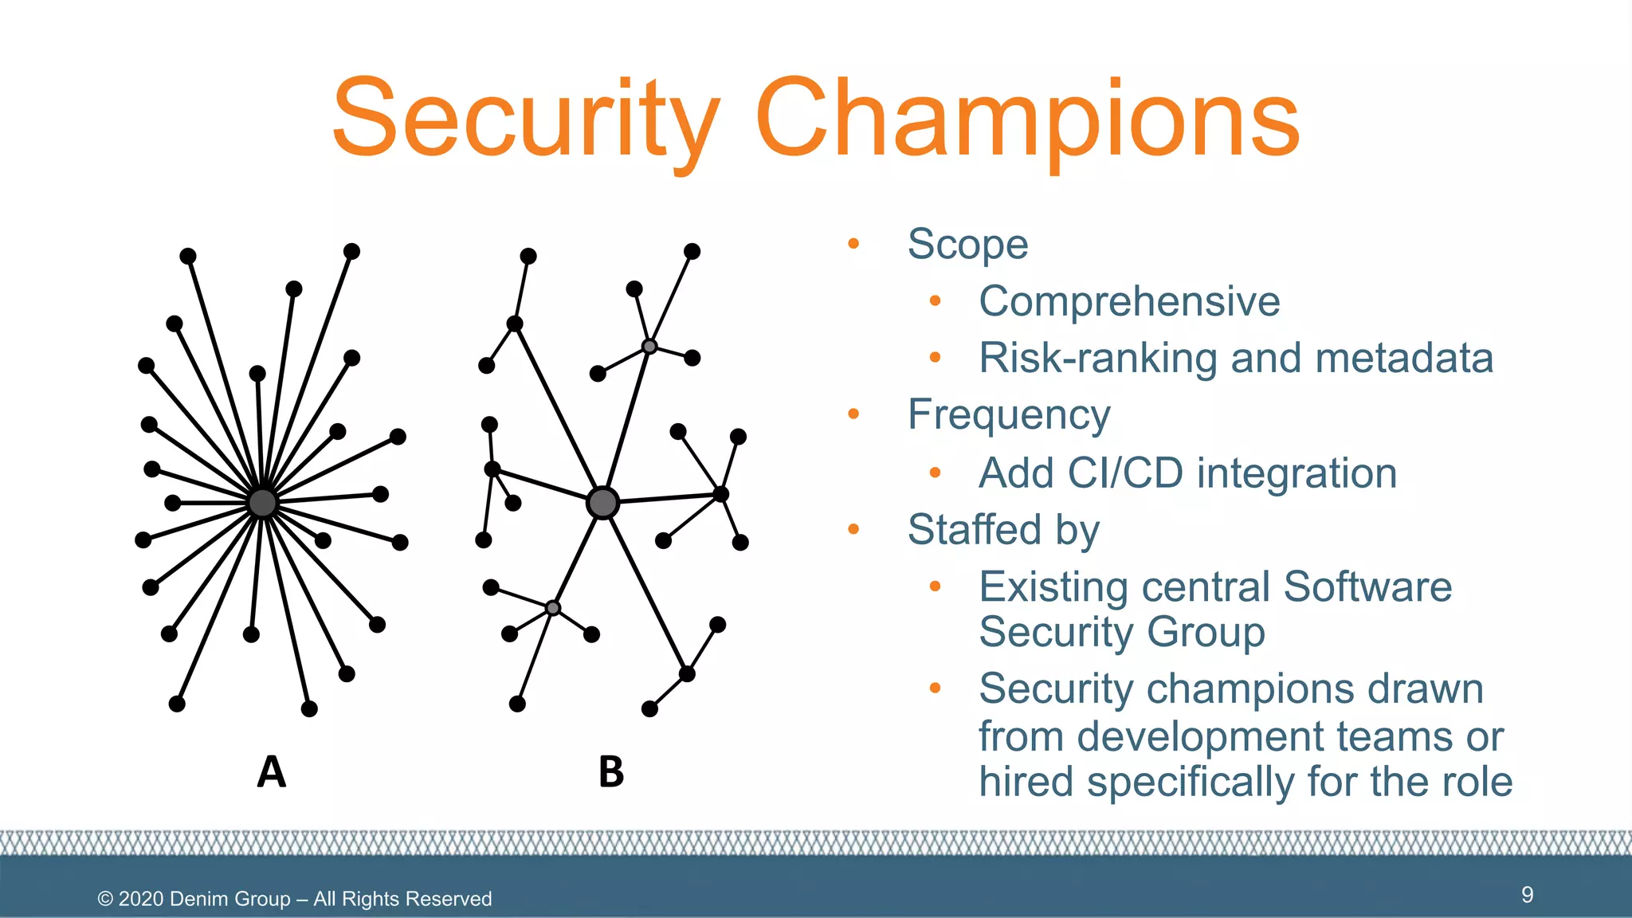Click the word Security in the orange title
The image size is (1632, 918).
click(526, 120)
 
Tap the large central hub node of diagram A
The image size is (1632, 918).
click(262, 503)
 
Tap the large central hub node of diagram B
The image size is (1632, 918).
click(602, 503)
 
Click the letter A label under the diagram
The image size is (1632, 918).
click(271, 772)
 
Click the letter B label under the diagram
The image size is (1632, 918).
click(611, 772)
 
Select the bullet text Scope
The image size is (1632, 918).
click(967, 245)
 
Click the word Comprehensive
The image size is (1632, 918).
click(1129, 302)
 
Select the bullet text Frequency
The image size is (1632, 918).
click(1008, 415)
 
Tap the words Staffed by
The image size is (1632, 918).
click(1003, 530)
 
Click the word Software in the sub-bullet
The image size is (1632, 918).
click(1367, 587)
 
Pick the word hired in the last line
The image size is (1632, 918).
click(1026, 782)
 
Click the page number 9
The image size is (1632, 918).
click(1527, 895)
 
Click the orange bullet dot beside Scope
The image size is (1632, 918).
click(853, 244)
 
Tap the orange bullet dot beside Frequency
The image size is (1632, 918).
click(853, 414)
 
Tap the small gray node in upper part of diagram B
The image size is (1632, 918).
click(649, 347)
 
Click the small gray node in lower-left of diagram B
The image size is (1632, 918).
click(553, 608)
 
